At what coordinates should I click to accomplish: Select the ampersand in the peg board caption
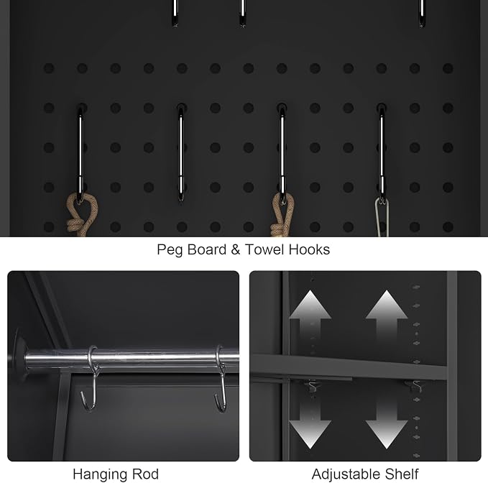(236, 249)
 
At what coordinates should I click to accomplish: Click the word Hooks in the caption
(309, 249)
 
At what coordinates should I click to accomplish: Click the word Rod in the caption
(146, 474)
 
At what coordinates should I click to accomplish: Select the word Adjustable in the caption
(346, 475)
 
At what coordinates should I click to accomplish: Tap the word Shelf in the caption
(402, 474)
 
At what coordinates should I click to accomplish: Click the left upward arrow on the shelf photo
(310, 318)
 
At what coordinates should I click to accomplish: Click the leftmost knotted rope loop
(81, 215)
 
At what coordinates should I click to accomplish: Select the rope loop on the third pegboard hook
(282, 215)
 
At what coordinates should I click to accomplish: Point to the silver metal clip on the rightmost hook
(382, 216)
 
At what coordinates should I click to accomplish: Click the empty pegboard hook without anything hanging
(181, 152)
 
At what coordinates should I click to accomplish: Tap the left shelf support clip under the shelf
(311, 387)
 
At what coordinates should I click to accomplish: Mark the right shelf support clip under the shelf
(415, 386)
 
